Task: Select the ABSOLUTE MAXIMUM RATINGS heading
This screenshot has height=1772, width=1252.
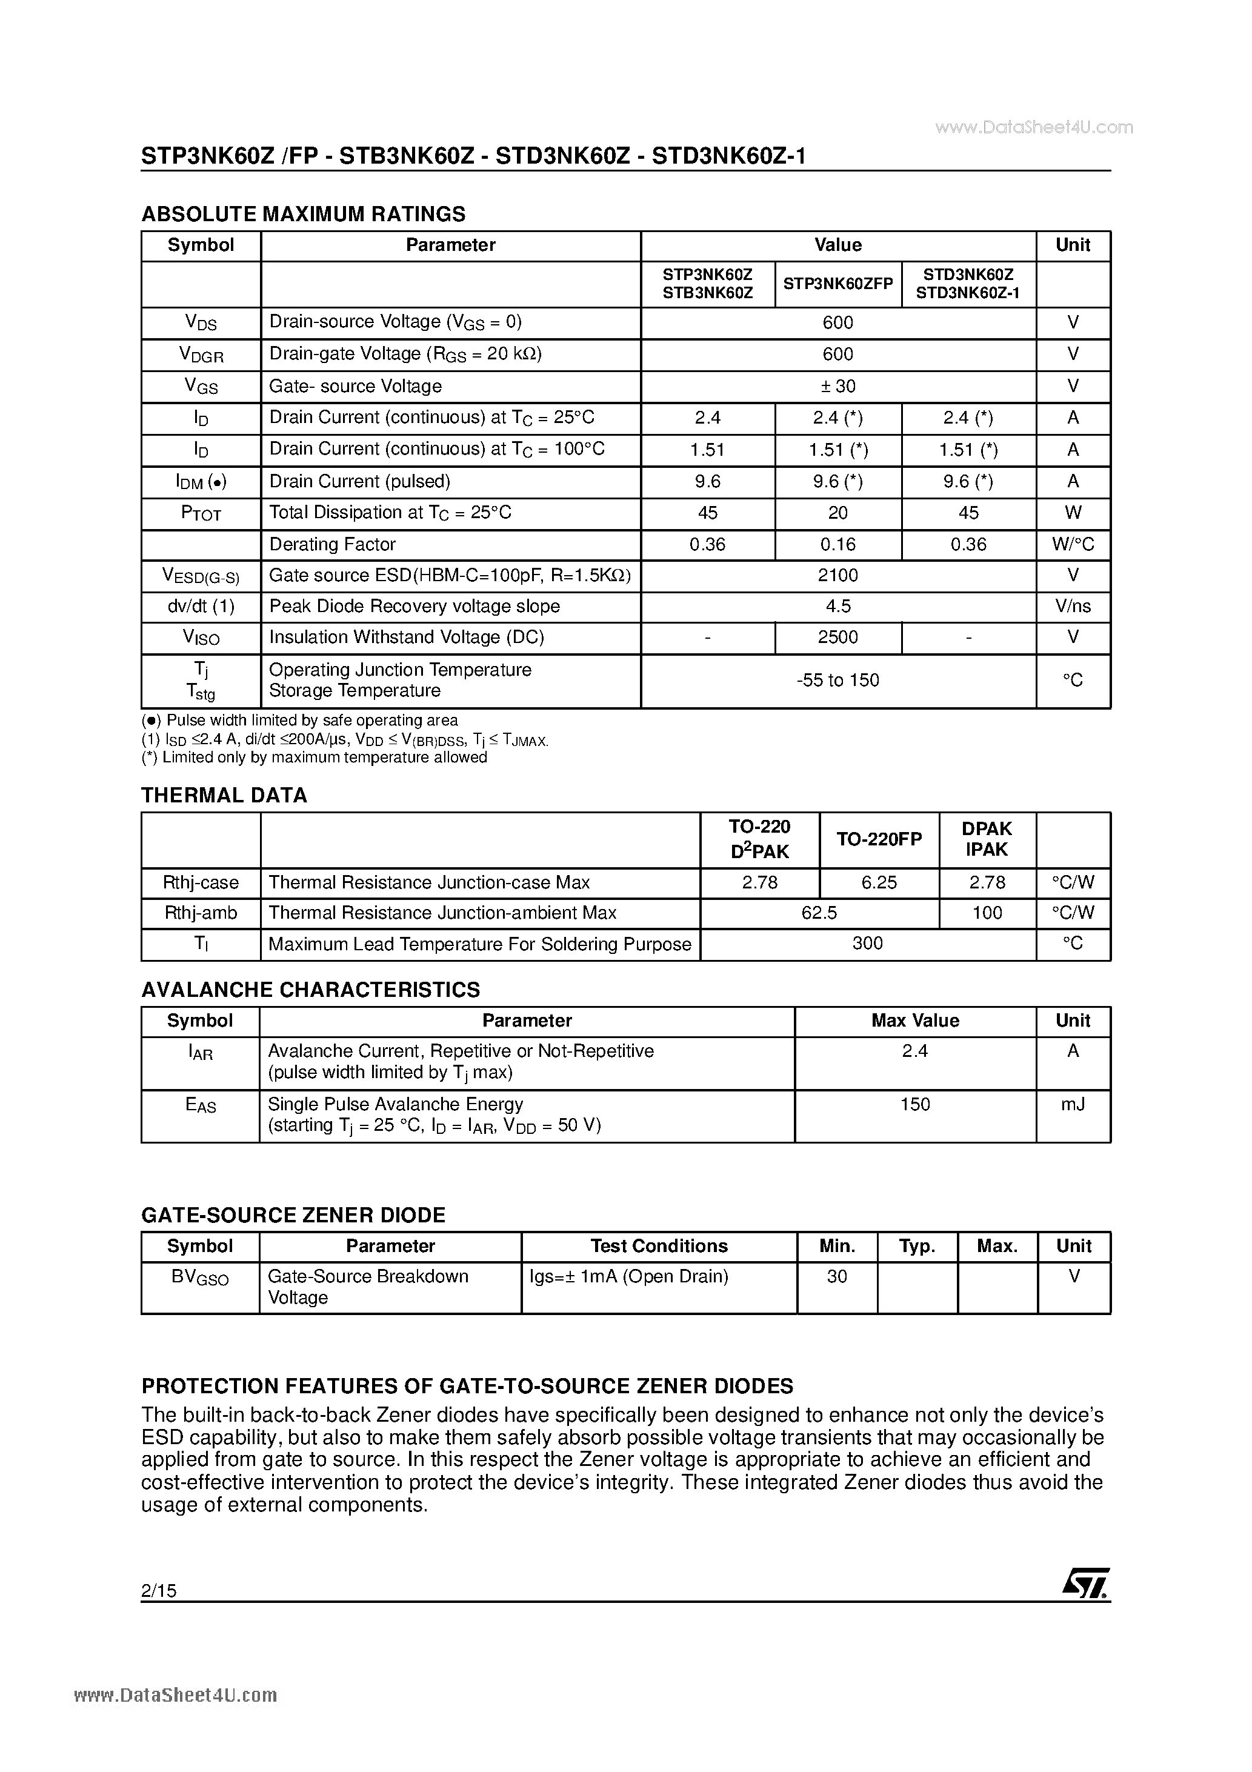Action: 304,214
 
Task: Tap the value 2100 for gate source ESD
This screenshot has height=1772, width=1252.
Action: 837,576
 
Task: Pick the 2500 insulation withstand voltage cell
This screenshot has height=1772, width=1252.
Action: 837,638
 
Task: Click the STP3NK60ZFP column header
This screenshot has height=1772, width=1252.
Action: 837,284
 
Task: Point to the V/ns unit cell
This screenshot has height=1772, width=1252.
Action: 1073,607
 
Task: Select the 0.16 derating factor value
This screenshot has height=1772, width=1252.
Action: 837,545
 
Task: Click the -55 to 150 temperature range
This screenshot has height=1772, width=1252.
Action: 837,681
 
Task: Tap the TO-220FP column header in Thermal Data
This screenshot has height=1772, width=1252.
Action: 879,840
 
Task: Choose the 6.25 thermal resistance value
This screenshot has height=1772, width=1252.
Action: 879,883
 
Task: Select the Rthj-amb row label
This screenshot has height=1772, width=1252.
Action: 201,914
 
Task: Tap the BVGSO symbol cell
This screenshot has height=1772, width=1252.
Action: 200,1278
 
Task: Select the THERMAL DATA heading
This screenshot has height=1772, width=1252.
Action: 224,796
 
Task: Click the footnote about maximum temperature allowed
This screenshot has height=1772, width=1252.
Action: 314,758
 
